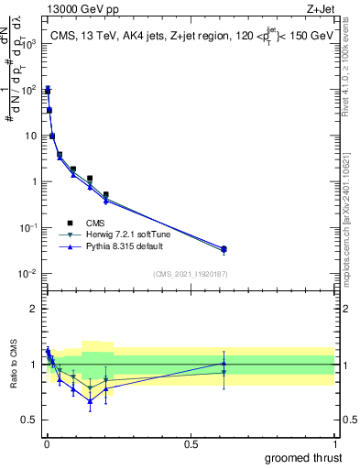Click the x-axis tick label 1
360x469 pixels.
(335, 442)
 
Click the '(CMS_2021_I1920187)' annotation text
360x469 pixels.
(190, 273)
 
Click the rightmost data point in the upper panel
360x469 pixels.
(224, 248)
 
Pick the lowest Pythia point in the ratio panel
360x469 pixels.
(90, 400)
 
